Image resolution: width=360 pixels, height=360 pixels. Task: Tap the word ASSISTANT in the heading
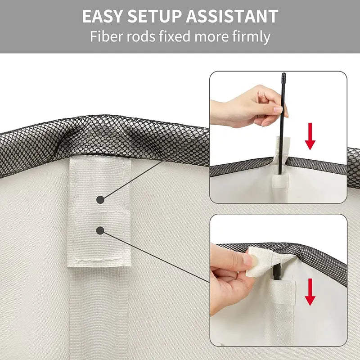(x=232, y=17)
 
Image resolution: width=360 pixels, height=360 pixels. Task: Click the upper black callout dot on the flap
(x=100, y=199)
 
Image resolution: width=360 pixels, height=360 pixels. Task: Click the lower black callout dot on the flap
(x=100, y=230)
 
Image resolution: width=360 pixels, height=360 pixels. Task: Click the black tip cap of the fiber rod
(x=283, y=77)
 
